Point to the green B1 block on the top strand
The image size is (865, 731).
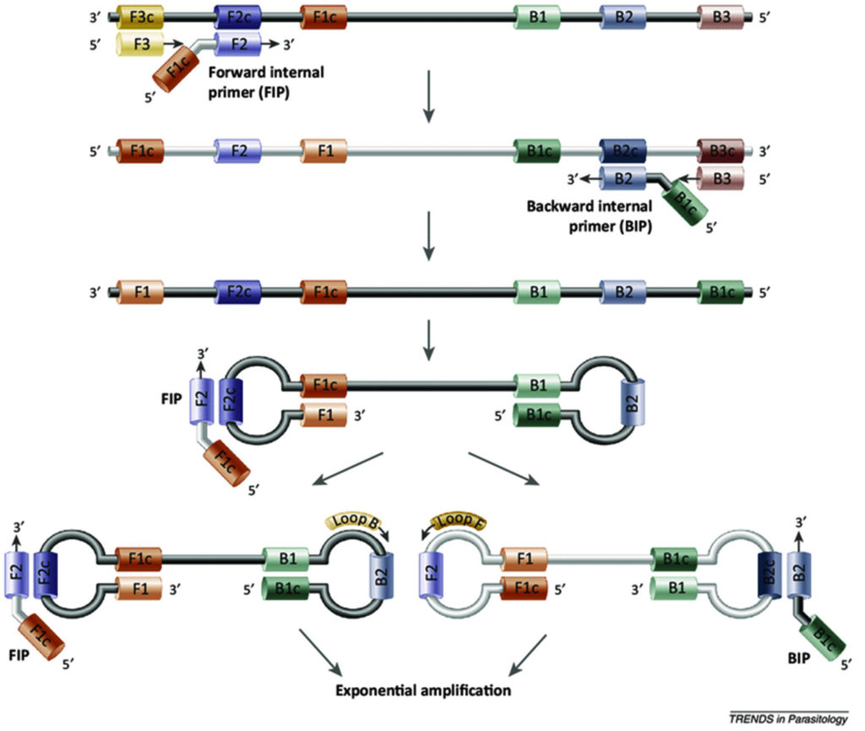(x=537, y=17)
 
